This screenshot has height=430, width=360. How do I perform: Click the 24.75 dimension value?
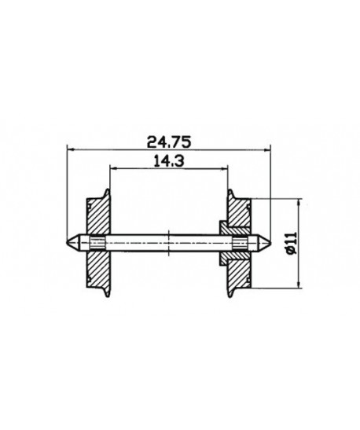point(169,142)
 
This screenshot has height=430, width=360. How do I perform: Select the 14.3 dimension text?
point(169,161)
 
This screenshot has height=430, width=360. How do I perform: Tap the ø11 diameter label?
point(292,243)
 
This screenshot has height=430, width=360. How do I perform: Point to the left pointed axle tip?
point(67,243)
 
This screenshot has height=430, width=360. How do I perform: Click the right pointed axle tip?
point(270,243)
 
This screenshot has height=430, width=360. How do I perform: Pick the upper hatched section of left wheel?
point(98,217)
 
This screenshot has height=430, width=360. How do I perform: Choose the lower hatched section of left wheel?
point(98,270)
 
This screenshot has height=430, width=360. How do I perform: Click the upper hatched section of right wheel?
point(239,212)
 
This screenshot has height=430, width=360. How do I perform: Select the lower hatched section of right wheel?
point(239,274)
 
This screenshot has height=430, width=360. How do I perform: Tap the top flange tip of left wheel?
point(108,189)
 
